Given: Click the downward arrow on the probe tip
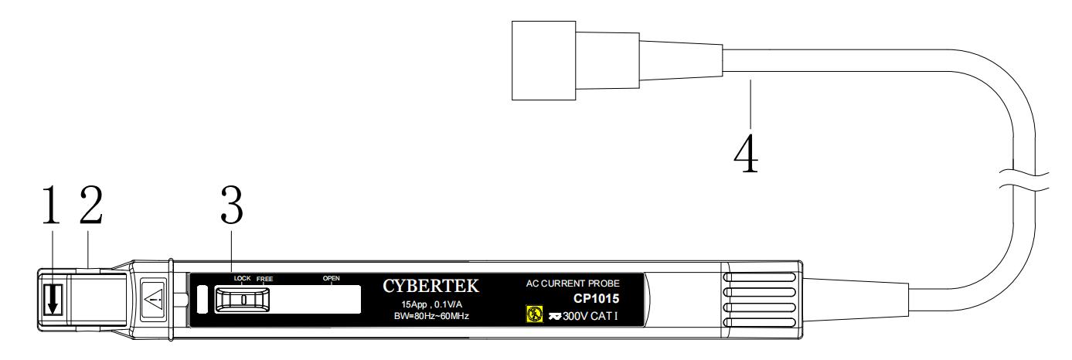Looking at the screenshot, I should [x=52, y=300].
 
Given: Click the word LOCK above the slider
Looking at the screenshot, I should [x=243, y=279].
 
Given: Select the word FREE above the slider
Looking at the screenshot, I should [x=265, y=279].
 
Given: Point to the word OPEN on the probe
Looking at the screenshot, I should [x=332, y=278].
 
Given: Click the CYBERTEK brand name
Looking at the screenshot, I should [x=431, y=287].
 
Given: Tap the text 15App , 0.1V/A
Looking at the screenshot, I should [x=431, y=304].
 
